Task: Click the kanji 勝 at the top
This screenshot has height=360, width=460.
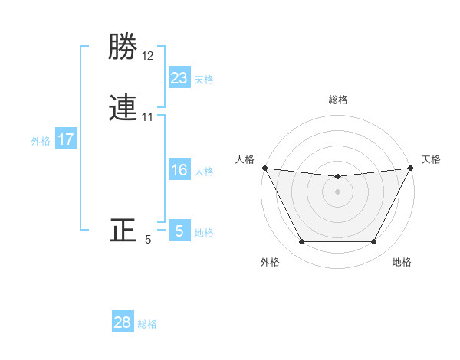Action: point(123,47)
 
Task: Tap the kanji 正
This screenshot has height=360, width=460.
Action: point(123,231)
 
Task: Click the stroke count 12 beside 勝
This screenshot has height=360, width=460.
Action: point(148,55)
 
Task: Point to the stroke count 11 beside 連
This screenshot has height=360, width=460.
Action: point(148,118)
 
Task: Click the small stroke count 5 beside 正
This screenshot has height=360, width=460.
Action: point(148,240)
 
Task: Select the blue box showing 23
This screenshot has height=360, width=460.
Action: point(179,77)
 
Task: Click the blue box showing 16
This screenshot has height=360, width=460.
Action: point(179,170)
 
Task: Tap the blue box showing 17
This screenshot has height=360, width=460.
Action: point(66,139)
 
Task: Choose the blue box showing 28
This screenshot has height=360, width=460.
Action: point(123,322)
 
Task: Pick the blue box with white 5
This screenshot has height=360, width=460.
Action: point(179,231)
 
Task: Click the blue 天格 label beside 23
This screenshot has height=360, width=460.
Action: point(204,80)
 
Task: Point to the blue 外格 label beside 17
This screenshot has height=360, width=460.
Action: point(41,141)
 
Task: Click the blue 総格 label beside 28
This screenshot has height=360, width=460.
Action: point(147,324)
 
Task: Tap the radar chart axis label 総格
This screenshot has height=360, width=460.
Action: point(338,100)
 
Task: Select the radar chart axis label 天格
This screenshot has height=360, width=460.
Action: point(431,159)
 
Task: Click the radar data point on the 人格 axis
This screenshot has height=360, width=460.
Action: point(264,168)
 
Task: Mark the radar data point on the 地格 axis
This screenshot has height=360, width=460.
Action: point(374,242)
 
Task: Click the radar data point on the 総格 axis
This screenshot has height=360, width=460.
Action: point(338,177)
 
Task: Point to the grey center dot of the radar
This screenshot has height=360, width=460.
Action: point(338,191)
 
